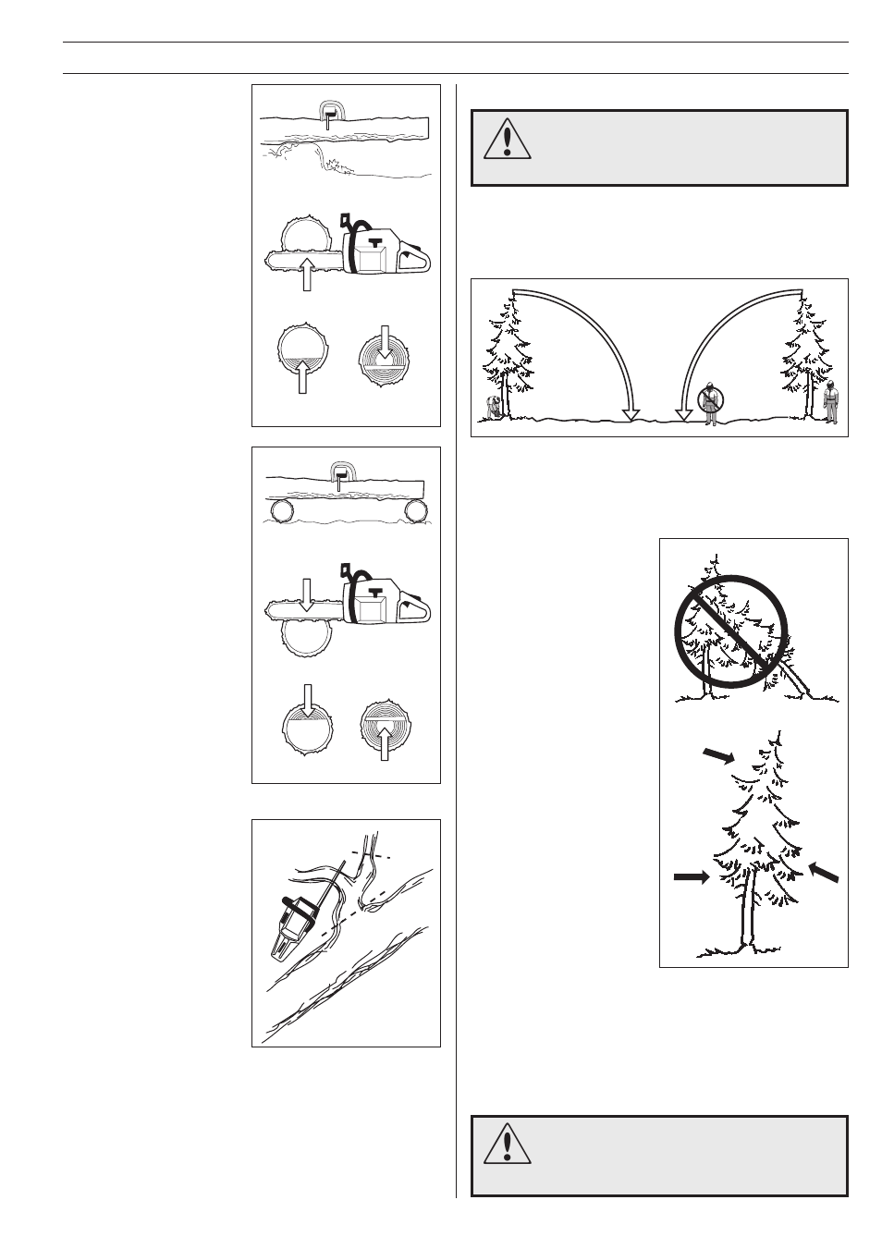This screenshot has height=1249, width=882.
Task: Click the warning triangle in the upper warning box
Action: click(507, 140)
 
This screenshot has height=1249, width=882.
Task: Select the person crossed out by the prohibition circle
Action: click(710, 403)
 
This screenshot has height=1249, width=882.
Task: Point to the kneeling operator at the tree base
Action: click(494, 408)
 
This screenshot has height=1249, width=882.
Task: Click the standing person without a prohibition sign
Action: click(830, 402)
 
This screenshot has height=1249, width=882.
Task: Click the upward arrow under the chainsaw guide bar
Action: click(306, 276)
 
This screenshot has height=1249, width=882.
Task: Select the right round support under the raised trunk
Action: click(416, 510)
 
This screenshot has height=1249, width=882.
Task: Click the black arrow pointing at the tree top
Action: click(718, 756)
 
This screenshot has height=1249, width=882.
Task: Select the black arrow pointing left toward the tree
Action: click(825, 872)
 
